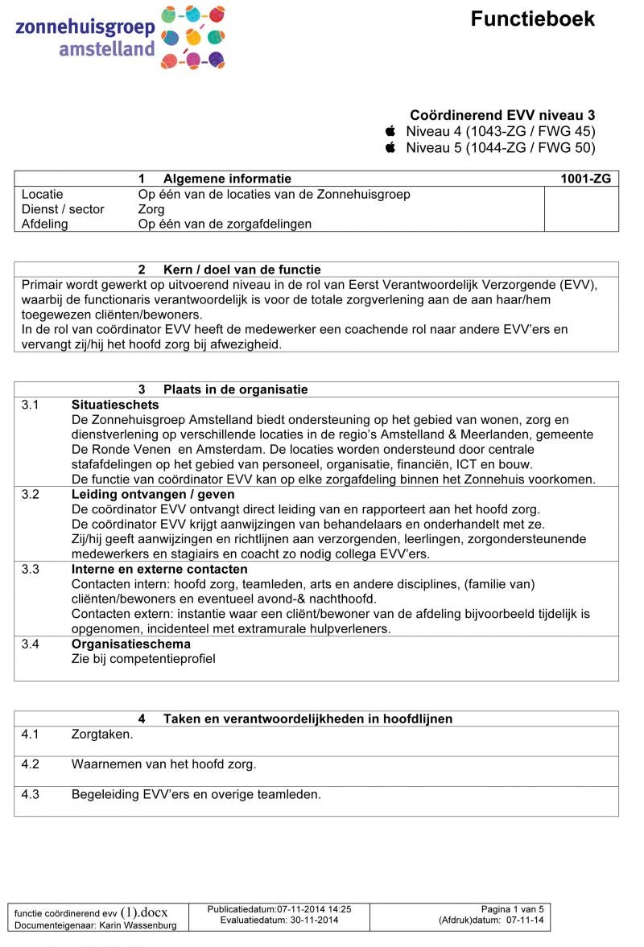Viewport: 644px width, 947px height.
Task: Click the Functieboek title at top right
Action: pos(533,19)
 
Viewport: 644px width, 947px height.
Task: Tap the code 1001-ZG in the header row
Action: pos(586,179)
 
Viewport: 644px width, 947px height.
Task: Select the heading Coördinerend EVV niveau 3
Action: pos(502,116)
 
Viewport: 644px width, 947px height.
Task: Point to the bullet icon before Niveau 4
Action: pos(391,131)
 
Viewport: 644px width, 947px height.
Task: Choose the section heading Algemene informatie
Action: pos(227,179)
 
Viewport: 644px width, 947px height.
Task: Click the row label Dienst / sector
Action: pos(63,209)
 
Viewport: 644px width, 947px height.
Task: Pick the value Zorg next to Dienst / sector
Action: pos(151,209)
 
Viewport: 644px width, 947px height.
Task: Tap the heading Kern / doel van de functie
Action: pos(242,270)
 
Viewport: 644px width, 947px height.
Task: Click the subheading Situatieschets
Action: pos(115,405)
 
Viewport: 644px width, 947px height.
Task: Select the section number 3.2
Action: pos(31,494)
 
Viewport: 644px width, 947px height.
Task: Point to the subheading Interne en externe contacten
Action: pos(159,569)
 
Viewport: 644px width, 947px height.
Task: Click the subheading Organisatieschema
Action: pos(131,644)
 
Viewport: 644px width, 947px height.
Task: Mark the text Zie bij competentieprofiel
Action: pos(143,659)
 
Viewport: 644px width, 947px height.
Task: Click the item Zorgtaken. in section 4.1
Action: pos(102,734)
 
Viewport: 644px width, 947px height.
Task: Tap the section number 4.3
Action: pos(31,794)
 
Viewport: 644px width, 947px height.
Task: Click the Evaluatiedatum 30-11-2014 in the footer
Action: pos(279,920)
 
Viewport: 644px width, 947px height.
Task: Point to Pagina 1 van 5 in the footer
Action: pos(513,908)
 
